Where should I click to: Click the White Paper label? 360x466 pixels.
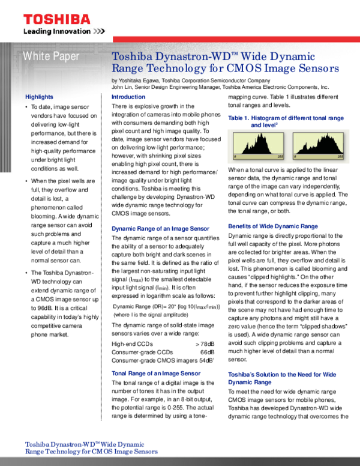pyautogui.click(x=50, y=57)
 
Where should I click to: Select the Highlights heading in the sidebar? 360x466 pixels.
pyautogui.click(x=39, y=97)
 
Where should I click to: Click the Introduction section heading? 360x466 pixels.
pyautogui.click(x=128, y=97)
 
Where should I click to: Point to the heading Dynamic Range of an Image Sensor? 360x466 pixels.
pyautogui.click(x=161, y=229)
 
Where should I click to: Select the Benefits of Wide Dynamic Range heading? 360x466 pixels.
pyautogui.click(x=273, y=226)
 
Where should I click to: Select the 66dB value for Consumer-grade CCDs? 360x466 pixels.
pyautogui.click(x=207, y=352)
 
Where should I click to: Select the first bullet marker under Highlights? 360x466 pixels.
pyautogui.click(x=27, y=107)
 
